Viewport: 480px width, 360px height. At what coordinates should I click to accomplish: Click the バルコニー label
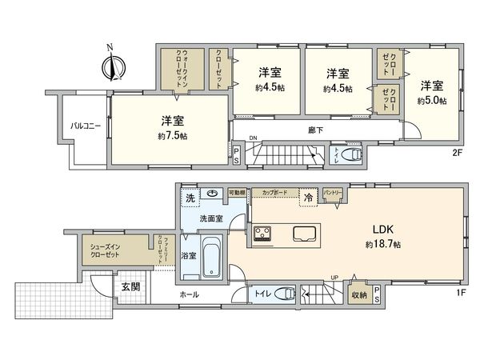84,126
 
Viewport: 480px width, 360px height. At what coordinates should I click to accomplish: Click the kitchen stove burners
263,233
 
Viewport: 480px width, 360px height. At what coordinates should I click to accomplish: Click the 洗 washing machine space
190,197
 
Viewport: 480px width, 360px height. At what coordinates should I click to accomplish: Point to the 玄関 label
130,286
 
